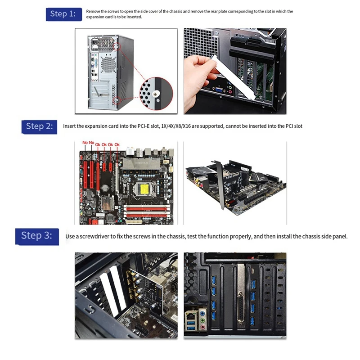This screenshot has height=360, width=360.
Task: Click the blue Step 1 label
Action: [x=64, y=14]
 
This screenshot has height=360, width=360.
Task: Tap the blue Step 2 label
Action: [x=39, y=127]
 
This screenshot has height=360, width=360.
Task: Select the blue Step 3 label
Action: [x=37, y=237]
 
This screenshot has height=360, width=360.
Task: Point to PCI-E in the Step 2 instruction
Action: [x=144, y=126]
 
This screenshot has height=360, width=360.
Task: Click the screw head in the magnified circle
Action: [x=156, y=94]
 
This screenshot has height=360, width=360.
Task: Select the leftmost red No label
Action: [x=85, y=143]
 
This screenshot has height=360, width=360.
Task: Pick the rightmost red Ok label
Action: [x=117, y=144]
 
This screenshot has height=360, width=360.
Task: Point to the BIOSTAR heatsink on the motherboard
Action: [x=141, y=163]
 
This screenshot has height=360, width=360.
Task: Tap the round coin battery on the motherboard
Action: [x=105, y=188]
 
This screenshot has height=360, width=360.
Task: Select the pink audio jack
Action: [x=202, y=327]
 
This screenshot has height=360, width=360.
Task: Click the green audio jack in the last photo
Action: [x=202, y=320]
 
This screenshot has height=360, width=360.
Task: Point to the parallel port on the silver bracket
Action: [x=240, y=307]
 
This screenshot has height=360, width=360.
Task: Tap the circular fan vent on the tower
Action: [x=108, y=64]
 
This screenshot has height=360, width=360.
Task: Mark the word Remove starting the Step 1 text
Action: [x=93, y=11]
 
